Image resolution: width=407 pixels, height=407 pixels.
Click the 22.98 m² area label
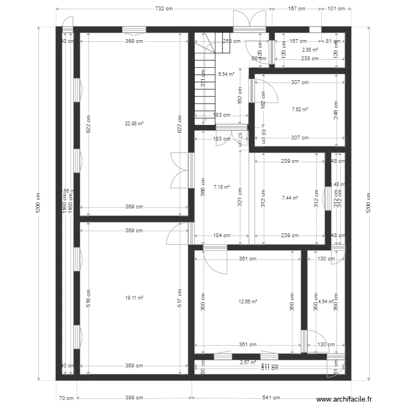pos(134,123)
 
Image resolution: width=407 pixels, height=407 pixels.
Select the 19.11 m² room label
pos(134,297)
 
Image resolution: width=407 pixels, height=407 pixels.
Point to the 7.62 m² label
pos(300,109)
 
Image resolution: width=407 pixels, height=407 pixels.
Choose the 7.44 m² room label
pos(290,198)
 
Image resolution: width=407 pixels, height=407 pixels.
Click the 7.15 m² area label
pos(222,187)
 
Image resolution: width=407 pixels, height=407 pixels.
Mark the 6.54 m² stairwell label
pos(226,74)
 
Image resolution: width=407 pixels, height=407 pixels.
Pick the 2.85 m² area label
pos(310,49)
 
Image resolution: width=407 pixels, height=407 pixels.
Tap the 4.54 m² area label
pos(326,301)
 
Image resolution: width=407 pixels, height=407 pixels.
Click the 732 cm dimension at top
pos(164,9)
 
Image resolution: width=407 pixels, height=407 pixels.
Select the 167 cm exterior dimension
pos(296,9)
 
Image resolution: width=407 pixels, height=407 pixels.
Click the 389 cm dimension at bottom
pos(134,398)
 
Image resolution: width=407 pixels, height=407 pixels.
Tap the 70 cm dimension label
pos(66,398)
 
